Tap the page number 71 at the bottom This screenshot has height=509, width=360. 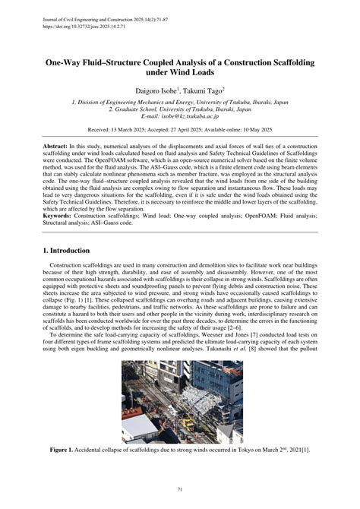point(180,489)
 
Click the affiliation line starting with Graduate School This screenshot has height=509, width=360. point(180,109)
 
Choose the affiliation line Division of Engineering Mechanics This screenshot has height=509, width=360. point(180,101)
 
